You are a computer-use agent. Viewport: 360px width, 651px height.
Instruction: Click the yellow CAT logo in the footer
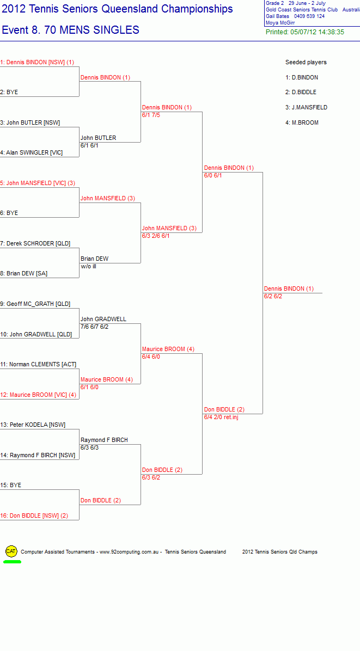(11, 551)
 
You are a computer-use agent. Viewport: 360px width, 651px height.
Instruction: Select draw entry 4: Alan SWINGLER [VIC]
(32, 153)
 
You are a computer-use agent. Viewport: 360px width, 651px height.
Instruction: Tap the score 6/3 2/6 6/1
(156, 236)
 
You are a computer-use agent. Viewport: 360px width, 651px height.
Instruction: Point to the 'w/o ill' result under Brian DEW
(88, 266)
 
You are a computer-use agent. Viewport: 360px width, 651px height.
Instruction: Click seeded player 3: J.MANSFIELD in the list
(307, 108)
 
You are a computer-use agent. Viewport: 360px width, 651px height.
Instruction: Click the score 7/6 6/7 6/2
(95, 327)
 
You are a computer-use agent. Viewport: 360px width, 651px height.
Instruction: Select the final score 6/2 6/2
(273, 297)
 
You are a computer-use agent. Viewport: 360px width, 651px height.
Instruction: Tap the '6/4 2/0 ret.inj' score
(221, 417)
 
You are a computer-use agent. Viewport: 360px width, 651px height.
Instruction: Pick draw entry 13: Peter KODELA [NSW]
(33, 425)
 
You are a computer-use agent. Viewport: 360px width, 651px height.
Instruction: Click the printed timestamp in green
(305, 32)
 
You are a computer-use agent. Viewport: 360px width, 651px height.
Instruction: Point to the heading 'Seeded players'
(306, 62)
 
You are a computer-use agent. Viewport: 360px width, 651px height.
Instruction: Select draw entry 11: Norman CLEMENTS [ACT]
(38, 365)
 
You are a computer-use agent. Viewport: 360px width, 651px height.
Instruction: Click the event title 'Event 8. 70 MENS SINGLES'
(71, 30)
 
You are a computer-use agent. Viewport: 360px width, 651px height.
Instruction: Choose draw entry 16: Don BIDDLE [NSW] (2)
(34, 515)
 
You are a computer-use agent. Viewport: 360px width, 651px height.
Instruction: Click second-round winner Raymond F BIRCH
(104, 440)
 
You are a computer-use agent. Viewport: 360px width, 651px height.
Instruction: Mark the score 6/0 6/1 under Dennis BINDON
(213, 176)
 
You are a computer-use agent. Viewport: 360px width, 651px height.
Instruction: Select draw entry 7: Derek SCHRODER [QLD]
(35, 244)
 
